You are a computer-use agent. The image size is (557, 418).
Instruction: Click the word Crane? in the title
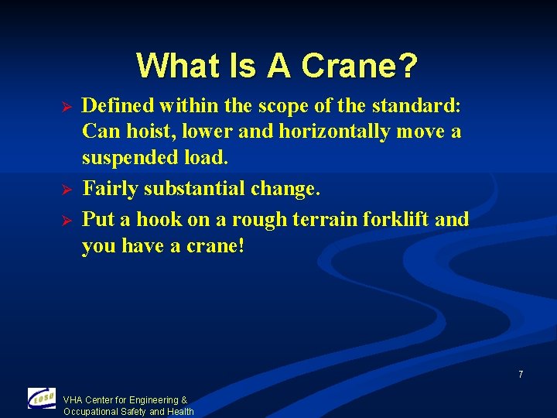tap(360, 67)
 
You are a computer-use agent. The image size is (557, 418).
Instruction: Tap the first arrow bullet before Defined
tap(67, 104)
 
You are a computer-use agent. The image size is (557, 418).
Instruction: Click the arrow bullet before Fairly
tap(67, 190)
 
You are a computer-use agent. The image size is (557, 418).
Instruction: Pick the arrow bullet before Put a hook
tap(67, 221)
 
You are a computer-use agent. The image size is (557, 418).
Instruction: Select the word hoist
tap(152, 132)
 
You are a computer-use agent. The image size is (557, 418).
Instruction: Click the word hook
tap(161, 219)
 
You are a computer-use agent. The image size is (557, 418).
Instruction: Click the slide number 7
tap(521, 375)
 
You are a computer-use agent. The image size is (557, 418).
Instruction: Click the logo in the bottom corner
tap(42, 398)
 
